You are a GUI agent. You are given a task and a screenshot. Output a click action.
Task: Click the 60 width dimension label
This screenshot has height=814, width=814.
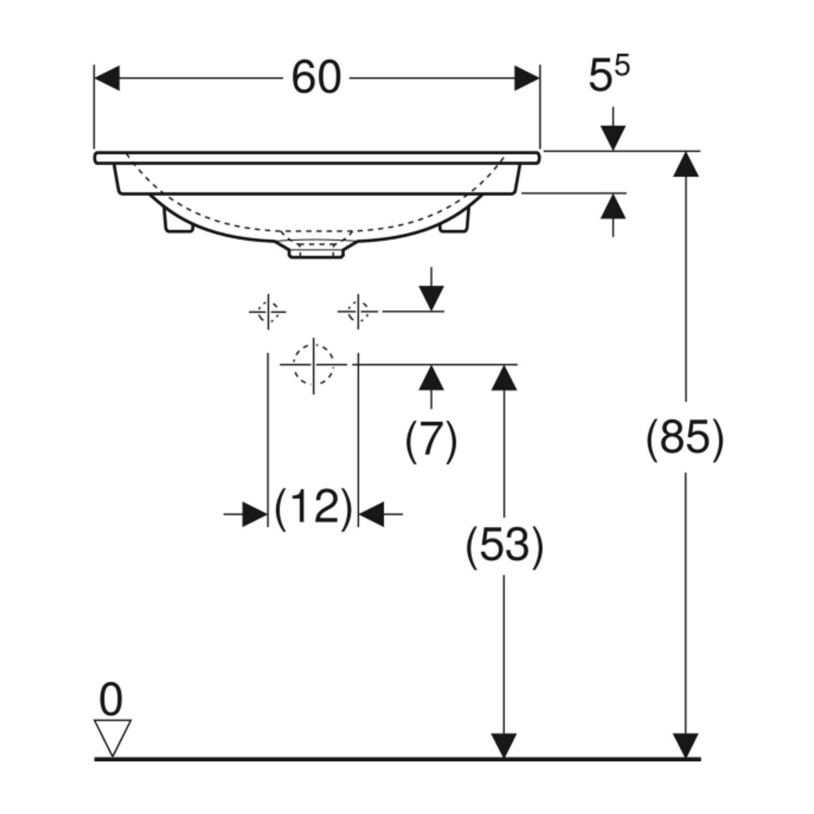click(x=316, y=78)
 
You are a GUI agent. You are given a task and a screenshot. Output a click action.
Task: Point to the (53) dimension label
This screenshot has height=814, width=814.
click(x=504, y=545)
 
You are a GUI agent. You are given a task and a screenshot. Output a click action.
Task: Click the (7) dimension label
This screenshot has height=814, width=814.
click(x=431, y=441)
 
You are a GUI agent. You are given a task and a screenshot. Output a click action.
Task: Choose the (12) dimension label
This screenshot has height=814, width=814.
click(x=313, y=508)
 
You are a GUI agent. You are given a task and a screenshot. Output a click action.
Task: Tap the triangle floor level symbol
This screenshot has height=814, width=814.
click(x=112, y=737)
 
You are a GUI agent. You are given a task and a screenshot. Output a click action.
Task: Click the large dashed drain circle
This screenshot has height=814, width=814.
click(x=313, y=364)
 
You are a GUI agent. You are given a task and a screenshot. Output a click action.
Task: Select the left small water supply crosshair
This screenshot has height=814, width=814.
click(x=268, y=312)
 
